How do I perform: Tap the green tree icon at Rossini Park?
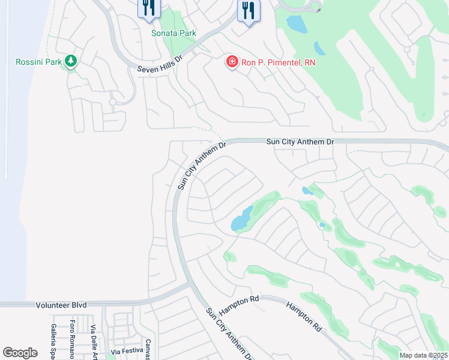(71, 61)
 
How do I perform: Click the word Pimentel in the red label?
(279, 62)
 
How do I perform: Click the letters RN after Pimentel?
(309, 62)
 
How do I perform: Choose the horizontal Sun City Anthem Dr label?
(300, 141)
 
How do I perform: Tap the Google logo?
(20, 353)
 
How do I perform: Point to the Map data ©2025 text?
(423, 355)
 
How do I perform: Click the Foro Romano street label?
(73, 339)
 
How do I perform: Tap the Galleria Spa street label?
(53, 341)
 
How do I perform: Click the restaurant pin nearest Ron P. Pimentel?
(247, 11)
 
